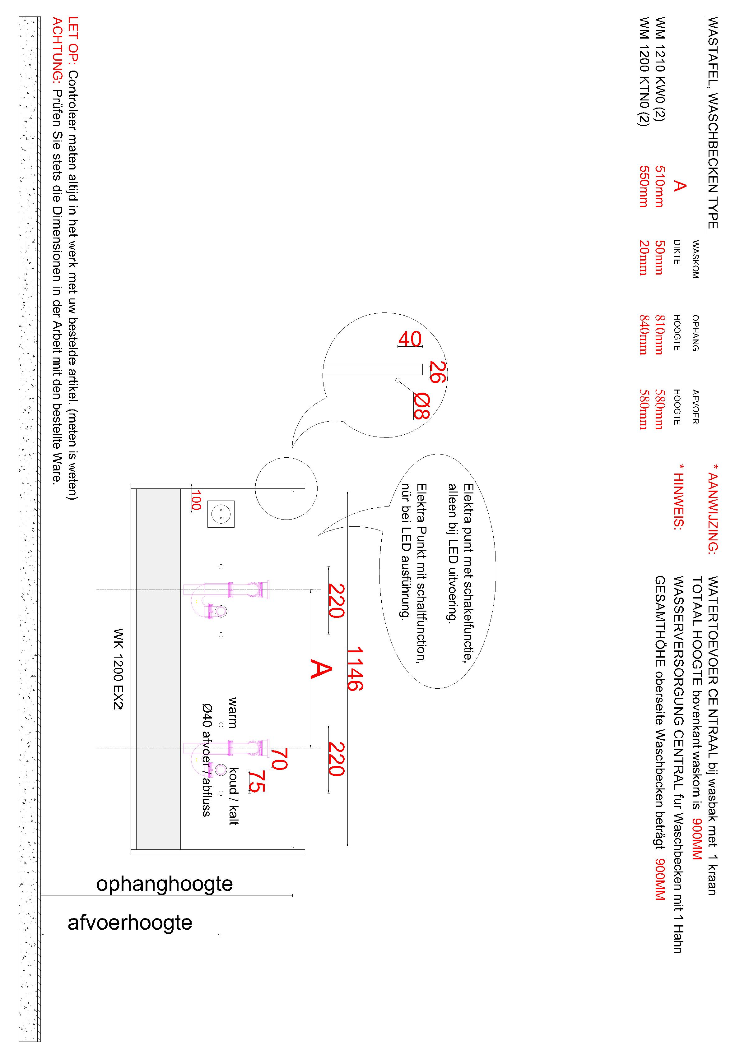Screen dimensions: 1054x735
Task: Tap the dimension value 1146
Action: [355, 668]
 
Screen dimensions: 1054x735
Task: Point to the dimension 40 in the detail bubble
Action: [410, 339]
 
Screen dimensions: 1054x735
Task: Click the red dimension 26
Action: [438, 372]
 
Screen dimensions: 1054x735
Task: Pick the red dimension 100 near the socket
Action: [196, 500]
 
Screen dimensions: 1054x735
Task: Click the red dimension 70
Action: [279, 759]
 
